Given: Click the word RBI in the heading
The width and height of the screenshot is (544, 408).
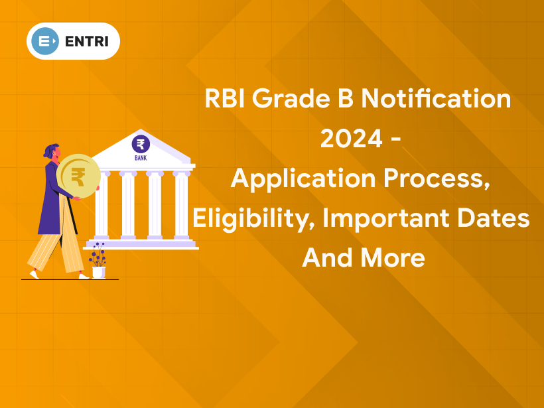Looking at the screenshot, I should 226,100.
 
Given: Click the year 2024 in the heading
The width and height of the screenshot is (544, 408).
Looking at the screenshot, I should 349,139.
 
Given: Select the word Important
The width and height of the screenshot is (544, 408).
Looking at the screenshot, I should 390,219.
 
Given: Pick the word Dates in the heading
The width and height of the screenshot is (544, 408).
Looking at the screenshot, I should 498,219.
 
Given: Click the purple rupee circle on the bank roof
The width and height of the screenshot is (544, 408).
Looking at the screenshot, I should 141,144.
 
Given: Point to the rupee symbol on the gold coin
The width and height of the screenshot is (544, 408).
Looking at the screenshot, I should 78,177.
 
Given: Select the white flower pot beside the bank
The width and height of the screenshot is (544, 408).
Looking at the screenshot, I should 98,271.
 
